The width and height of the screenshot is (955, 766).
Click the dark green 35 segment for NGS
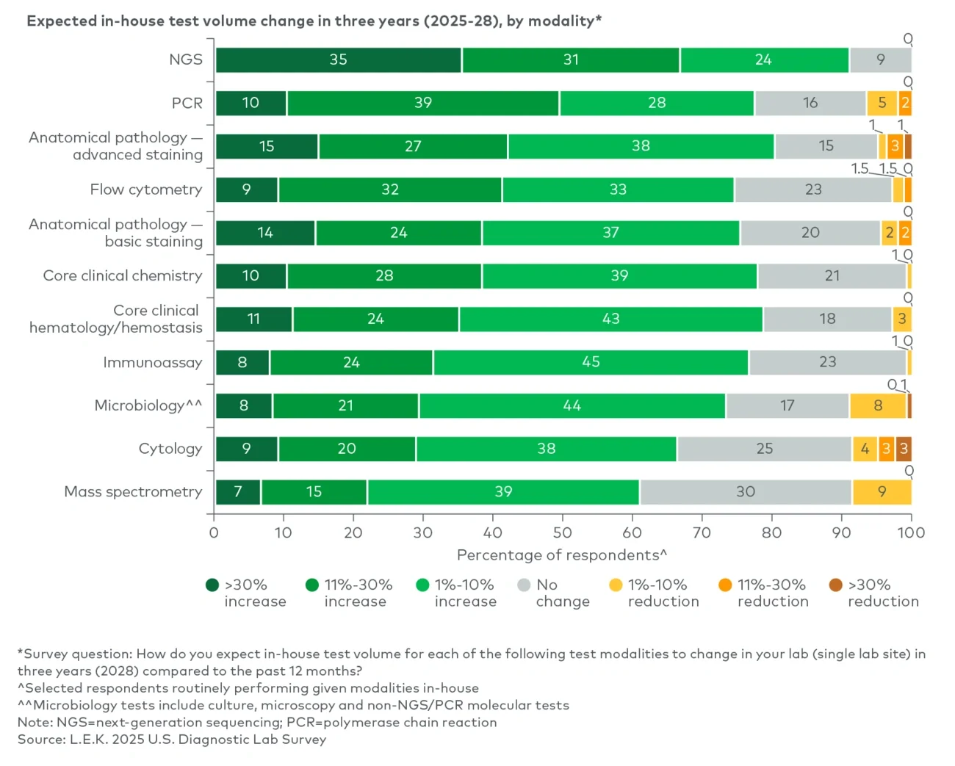click(339, 60)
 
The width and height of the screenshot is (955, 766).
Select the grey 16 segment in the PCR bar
click(810, 104)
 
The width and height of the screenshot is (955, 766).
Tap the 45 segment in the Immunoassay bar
click(591, 362)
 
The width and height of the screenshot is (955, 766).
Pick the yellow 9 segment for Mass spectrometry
click(882, 492)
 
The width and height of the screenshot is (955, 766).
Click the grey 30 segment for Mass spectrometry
click(746, 492)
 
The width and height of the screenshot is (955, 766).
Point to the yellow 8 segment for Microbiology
click(878, 405)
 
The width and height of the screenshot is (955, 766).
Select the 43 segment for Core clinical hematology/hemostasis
click(610, 319)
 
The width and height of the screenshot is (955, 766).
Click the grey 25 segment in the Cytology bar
click(764, 449)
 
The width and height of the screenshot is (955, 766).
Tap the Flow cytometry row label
click(146, 189)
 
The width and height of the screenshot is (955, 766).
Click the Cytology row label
click(170, 449)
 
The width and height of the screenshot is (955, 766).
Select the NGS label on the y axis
click(186, 60)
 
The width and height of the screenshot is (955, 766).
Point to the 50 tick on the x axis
click(562, 532)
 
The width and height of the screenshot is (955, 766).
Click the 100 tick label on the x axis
click(911, 532)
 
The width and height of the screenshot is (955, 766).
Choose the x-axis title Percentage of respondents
click(562, 555)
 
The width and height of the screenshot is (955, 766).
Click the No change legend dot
click(524, 585)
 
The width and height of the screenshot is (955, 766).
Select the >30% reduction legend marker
click(835, 585)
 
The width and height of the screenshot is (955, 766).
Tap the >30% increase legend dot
click(212, 585)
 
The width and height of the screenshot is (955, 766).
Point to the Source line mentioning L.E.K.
click(172, 740)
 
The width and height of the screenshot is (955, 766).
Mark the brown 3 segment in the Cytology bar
click(904, 449)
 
